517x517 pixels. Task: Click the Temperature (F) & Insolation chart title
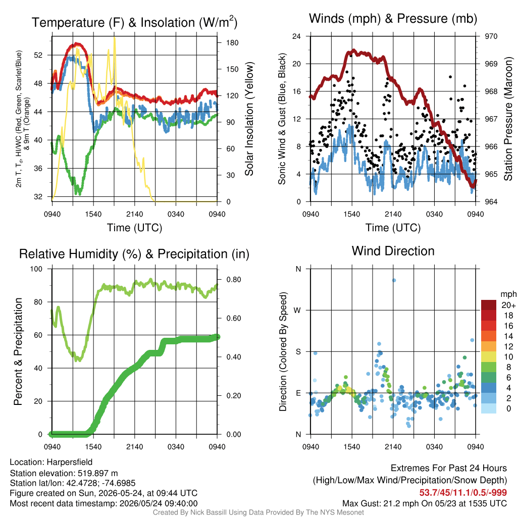134,22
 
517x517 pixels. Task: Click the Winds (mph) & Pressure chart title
393,19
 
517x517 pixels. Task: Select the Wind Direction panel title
393,251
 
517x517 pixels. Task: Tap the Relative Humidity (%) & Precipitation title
134,254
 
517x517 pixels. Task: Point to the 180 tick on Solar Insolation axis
232,42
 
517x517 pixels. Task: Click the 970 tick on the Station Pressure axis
491,36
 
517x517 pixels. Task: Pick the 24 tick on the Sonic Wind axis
296,36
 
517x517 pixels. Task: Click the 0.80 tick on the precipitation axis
234,280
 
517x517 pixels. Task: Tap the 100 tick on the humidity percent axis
36,269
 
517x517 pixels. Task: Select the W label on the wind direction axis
297,311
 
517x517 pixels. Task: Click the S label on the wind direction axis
298,351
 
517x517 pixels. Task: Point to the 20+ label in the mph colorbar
508,305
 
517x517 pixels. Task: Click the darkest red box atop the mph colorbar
489,305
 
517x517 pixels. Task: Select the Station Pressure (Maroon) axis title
508,119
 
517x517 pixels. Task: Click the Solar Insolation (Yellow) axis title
249,119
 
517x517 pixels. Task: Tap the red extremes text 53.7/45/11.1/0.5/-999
463,493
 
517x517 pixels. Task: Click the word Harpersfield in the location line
70,462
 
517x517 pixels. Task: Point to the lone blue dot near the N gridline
394,280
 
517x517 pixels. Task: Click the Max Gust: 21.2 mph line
425,503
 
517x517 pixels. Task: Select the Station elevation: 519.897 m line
64,473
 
